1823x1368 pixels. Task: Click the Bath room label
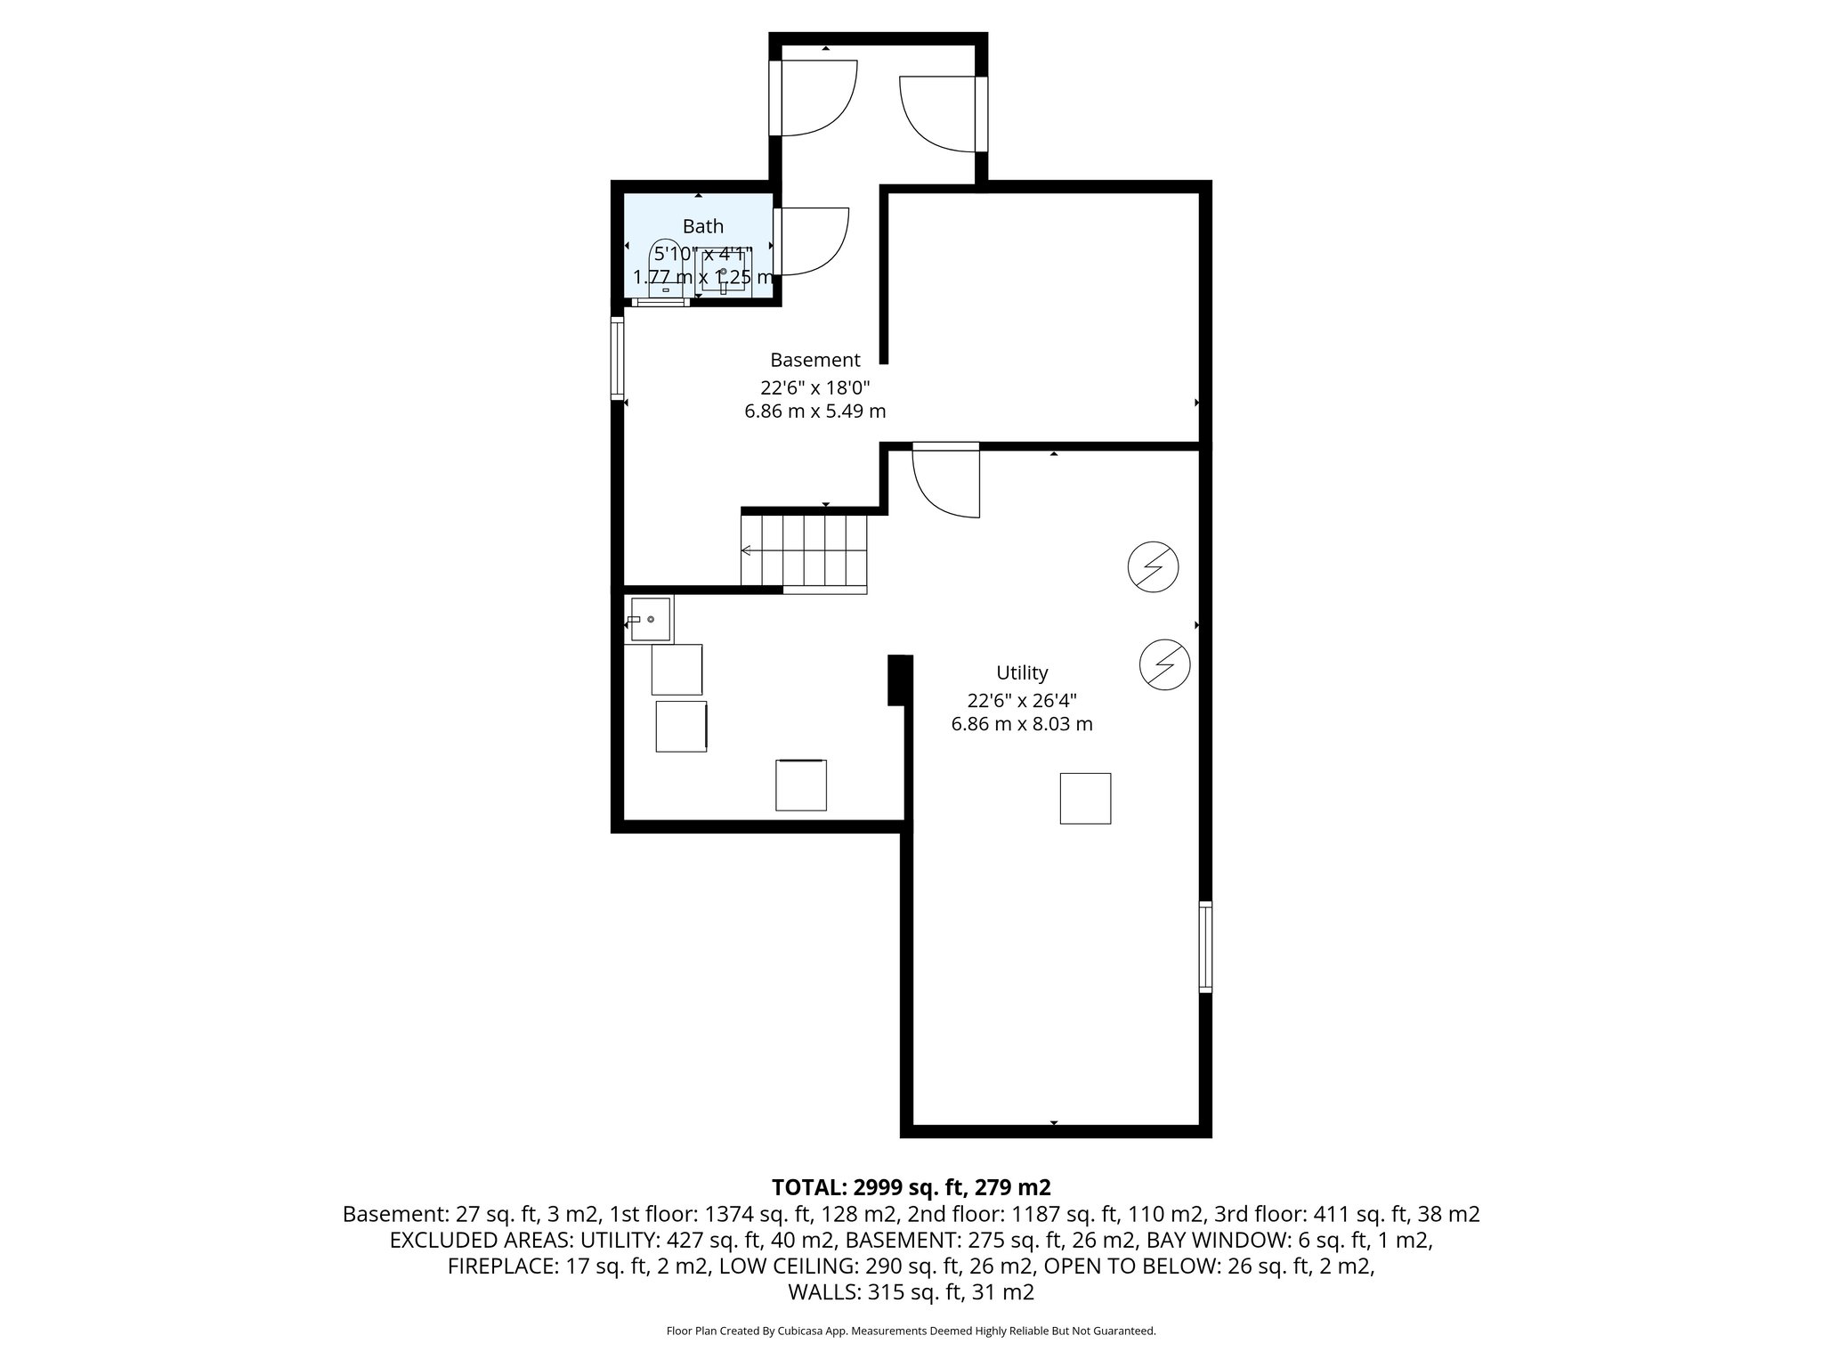tap(702, 226)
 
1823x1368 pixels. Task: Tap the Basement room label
tap(814, 360)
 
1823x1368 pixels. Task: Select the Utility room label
tap(1022, 672)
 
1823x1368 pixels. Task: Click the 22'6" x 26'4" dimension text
tap(1022, 699)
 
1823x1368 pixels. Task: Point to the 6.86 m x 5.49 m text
tap(814, 411)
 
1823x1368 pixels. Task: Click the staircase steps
tap(804, 550)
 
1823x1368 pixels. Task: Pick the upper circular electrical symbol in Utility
tap(1153, 566)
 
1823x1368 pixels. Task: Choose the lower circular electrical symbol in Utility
tap(1164, 664)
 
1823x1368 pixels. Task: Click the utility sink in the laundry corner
tap(649, 619)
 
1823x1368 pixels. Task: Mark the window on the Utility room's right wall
tap(1205, 946)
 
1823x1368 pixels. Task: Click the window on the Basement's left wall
tap(616, 358)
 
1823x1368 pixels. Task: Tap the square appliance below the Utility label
tap(1085, 798)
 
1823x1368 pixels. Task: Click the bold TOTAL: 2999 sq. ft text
tap(911, 1187)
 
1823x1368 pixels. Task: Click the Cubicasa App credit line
tap(911, 1331)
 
